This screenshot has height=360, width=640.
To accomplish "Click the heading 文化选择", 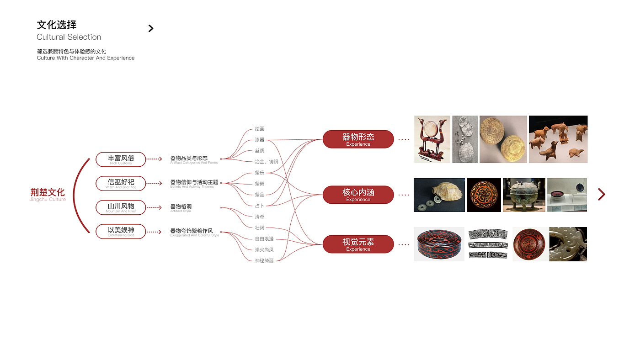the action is click(57, 25).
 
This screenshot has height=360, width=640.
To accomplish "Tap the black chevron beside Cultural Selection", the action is click(151, 28).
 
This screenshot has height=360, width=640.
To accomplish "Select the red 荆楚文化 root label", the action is click(48, 193).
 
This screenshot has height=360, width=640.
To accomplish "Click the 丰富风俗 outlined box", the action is click(121, 159).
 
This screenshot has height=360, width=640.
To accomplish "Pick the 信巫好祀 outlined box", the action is click(121, 183).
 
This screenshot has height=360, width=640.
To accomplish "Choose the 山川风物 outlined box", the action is click(121, 207).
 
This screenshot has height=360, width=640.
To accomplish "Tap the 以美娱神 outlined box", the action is click(121, 231).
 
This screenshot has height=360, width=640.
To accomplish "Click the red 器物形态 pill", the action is click(358, 139).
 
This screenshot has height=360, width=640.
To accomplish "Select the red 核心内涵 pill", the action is click(358, 195).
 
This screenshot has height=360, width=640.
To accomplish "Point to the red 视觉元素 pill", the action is click(358, 244).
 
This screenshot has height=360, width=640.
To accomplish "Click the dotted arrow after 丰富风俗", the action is click(155, 159).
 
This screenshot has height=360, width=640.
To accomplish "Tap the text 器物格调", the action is click(181, 207).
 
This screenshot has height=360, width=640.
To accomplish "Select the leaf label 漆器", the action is click(260, 140).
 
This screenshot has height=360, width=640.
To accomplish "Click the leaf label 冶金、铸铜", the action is click(267, 162).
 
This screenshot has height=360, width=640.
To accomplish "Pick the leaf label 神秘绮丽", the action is click(264, 260).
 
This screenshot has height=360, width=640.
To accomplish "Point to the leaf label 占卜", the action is click(260, 206).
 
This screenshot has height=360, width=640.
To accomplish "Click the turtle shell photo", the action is click(439, 195).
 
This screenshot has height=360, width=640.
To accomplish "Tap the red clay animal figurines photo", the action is click(558, 139).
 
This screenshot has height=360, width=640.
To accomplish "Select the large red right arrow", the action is click(602, 195).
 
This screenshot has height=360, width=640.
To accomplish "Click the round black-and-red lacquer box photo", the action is click(439, 244).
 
